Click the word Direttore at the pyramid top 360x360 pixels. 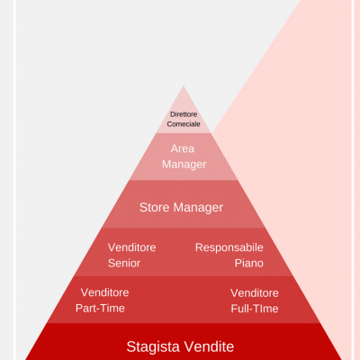[x=184, y=114]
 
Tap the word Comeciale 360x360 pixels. [x=184, y=124]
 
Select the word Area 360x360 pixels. [x=183, y=148]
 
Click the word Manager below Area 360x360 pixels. [x=184, y=165]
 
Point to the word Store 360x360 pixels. [x=155, y=207]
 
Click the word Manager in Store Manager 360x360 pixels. [x=198, y=208]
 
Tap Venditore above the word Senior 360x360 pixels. [x=132, y=247]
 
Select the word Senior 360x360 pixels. [x=124, y=263]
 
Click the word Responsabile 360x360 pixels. [x=229, y=247]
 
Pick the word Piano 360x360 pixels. [x=249, y=263]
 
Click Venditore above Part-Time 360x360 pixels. [x=105, y=292]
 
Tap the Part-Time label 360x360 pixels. [x=100, y=308]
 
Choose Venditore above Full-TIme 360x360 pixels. [x=255, y=293]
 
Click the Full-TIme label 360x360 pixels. [x=255, y=309]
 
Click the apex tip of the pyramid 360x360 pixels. [x=184, y=86]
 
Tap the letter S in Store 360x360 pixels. [x=143, y=207]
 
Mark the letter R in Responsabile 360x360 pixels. [x=199, y=247]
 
